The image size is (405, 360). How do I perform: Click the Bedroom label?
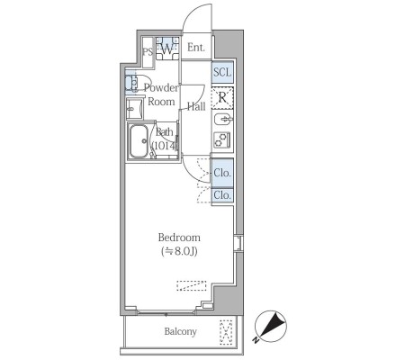pyautogui.click(x=179, y=238)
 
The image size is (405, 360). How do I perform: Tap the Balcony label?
pyautogui.click(x=180, y=331)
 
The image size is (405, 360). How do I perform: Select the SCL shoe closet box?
pyautogui.click(x=222, y=72)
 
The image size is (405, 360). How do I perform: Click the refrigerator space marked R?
pyautogui.click(x=222, y=98)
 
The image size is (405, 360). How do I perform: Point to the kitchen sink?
pyautogui.click(x=223, y=120)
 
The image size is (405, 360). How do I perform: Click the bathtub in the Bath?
pyautogui.click(x=139, y=141)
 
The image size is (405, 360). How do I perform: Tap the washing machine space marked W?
pyautogui.click(x=167, y=49)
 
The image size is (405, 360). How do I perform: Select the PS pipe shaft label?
pyautogui.click(x=148, y=52)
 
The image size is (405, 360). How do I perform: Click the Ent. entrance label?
pyautogui.click(x=196, y=47)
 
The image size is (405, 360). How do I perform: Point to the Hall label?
pyautogui.click(x=196, y=106)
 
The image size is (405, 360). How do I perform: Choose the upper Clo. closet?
pyautogui.click(x=222, y=173)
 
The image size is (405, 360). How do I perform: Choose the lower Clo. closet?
pyautogui.click(x=222, y=195)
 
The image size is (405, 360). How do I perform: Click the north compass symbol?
pyautogui.click(x=271, y=327)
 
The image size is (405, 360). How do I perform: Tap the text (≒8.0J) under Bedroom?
pyautogui.click(x=179, y=251)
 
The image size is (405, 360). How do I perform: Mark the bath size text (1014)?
pyautogui.click(x=165, y=146)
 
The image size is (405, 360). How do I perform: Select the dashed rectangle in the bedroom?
pyautogui.click(x=192, y=285)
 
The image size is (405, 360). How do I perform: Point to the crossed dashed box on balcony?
pyautogui.click(x=226, y=332)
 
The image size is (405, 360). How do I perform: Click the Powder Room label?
pyautogui.click(x=161, y=94)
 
